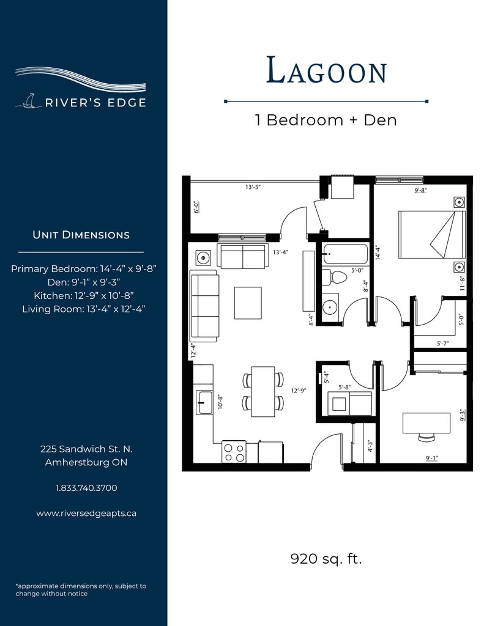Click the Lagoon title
click(327, 71)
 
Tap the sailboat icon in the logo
click(28, 101)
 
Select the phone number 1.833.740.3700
click(86, 488)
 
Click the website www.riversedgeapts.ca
click(86, 514)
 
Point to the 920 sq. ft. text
click(326, 559)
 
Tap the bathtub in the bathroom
click(345, 254)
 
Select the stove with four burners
click(234, 452)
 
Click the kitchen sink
click(204, 402)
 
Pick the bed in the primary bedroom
click(431, 235)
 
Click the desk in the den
click(426, 423)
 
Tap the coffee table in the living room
click(248, 303)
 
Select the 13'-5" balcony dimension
click(253, 187)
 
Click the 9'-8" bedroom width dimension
click(420, 191)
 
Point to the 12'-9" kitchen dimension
click(299, 391)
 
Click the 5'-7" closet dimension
click(443, 343)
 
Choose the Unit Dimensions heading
click(81, 235)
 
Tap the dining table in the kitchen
click(263, 392)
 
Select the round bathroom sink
click(330, 307)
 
